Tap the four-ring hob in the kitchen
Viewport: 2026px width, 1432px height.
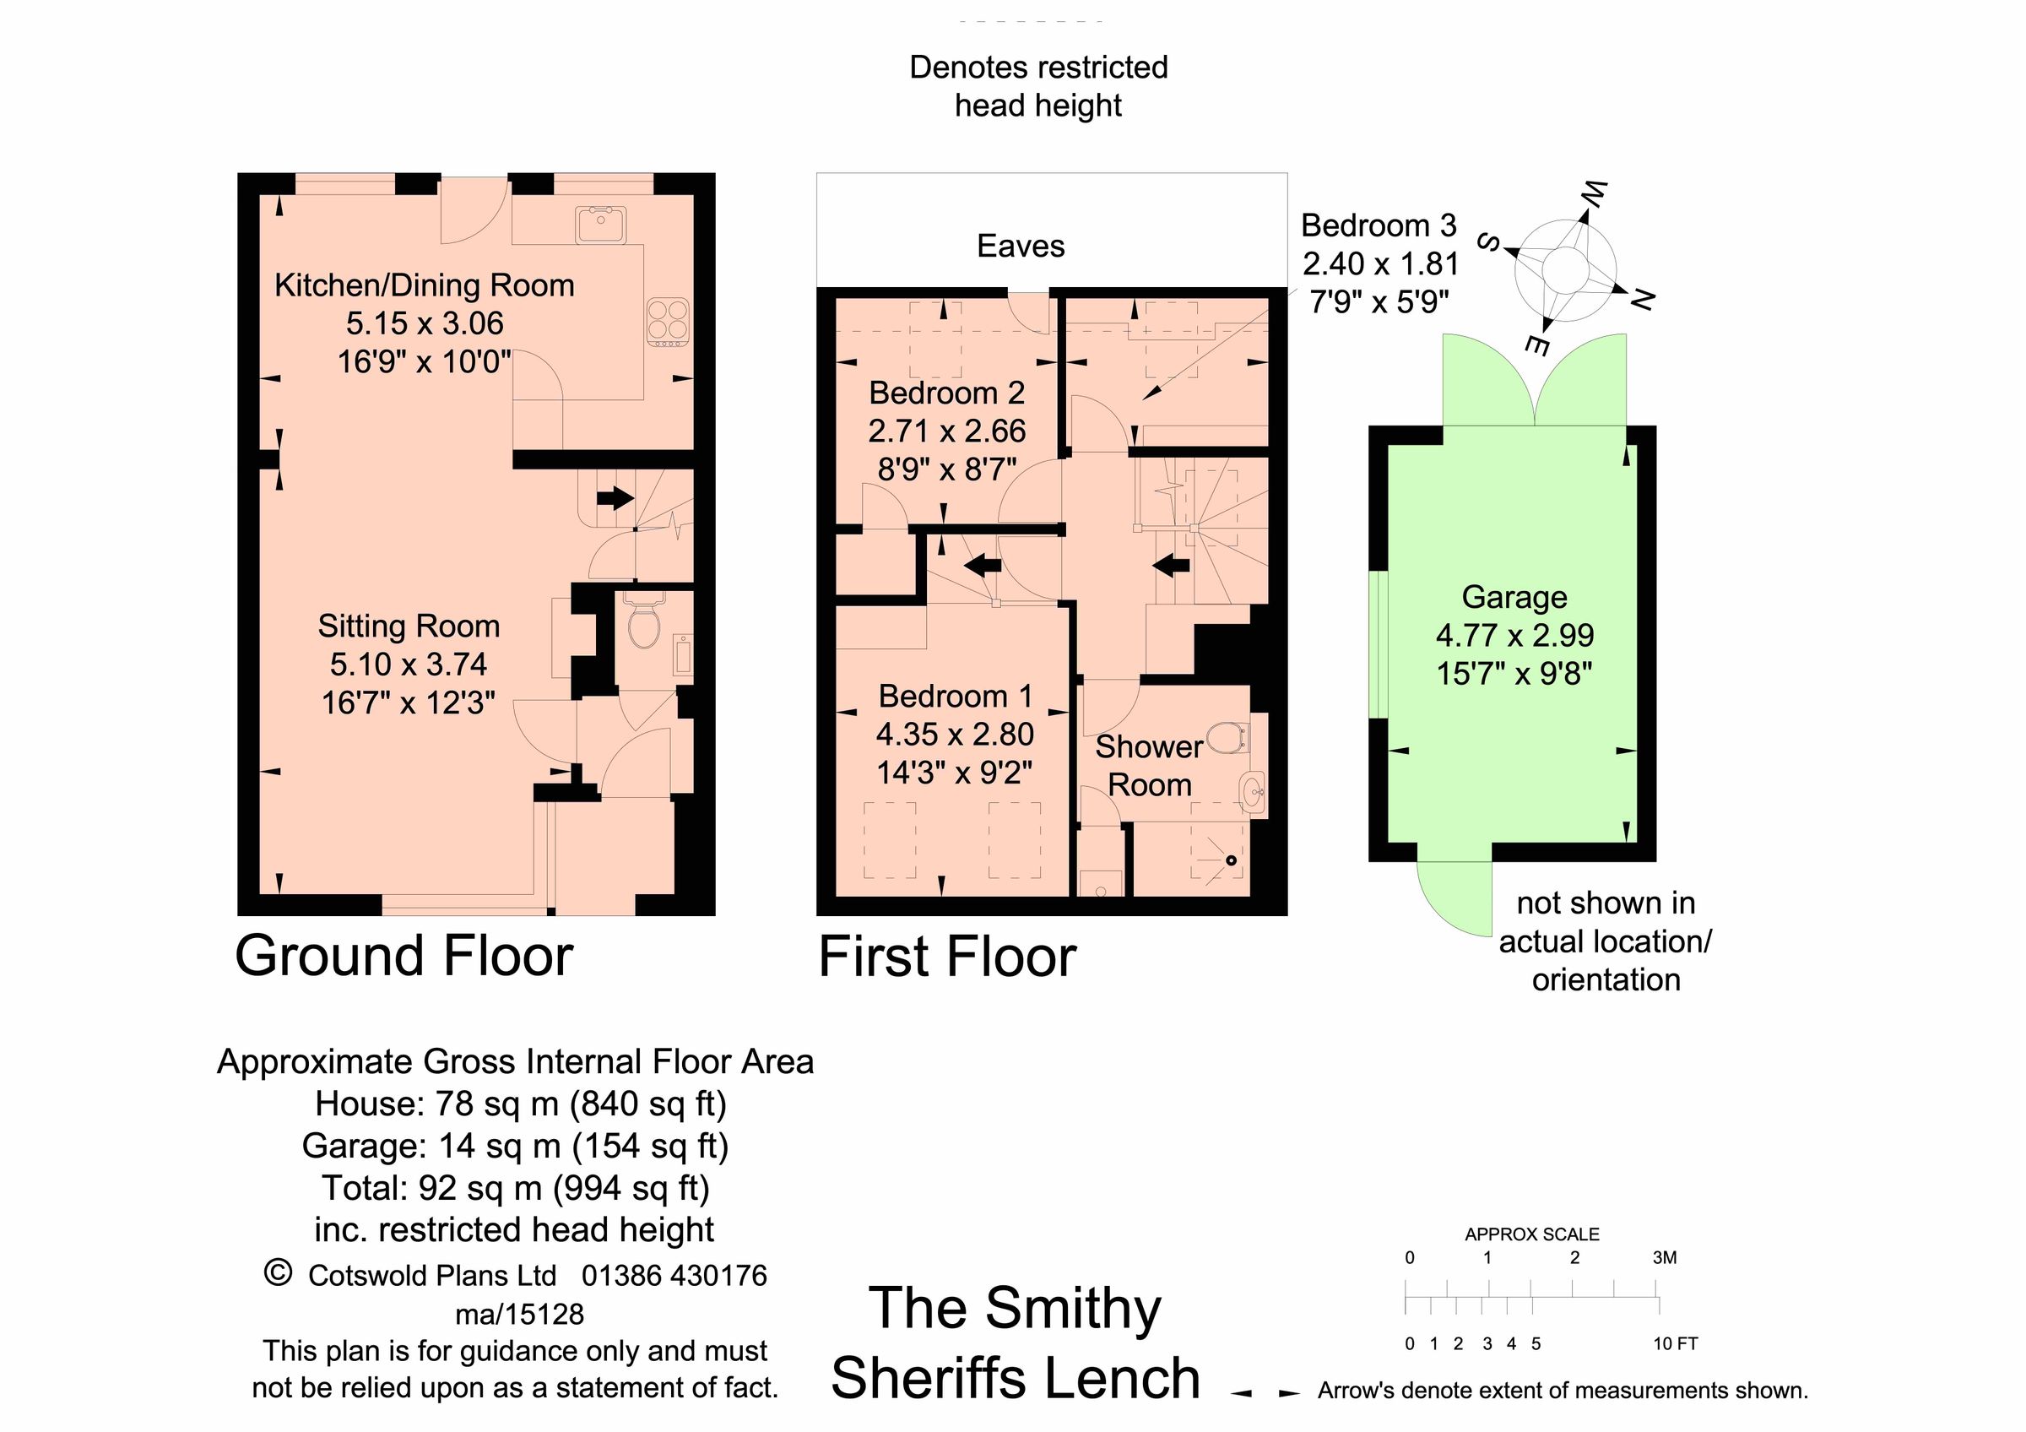(668, 321)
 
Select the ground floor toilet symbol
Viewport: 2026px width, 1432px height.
(644, 626)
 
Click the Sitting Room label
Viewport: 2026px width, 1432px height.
(409, 626)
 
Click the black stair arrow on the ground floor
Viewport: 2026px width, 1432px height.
(615, 497)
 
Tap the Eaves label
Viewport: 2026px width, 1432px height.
(1020, 247)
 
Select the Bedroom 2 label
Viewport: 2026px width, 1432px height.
(946, 393)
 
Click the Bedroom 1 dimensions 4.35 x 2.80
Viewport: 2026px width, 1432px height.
(955, 734)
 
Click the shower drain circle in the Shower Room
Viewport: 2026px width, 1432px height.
(1232, 860)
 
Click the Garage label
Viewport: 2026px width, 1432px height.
(1514, 597)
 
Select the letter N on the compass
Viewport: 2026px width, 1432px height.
(1640, 300)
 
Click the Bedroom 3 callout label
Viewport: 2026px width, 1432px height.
(1379, 226)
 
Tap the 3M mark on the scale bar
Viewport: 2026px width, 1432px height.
(1664, 1257)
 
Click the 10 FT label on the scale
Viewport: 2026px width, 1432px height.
(1675, 1344)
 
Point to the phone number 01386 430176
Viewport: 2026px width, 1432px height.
(674, 1276)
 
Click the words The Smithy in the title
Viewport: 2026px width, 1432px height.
(1015, 1309)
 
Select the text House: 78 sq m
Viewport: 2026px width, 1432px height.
(436, 1104)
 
